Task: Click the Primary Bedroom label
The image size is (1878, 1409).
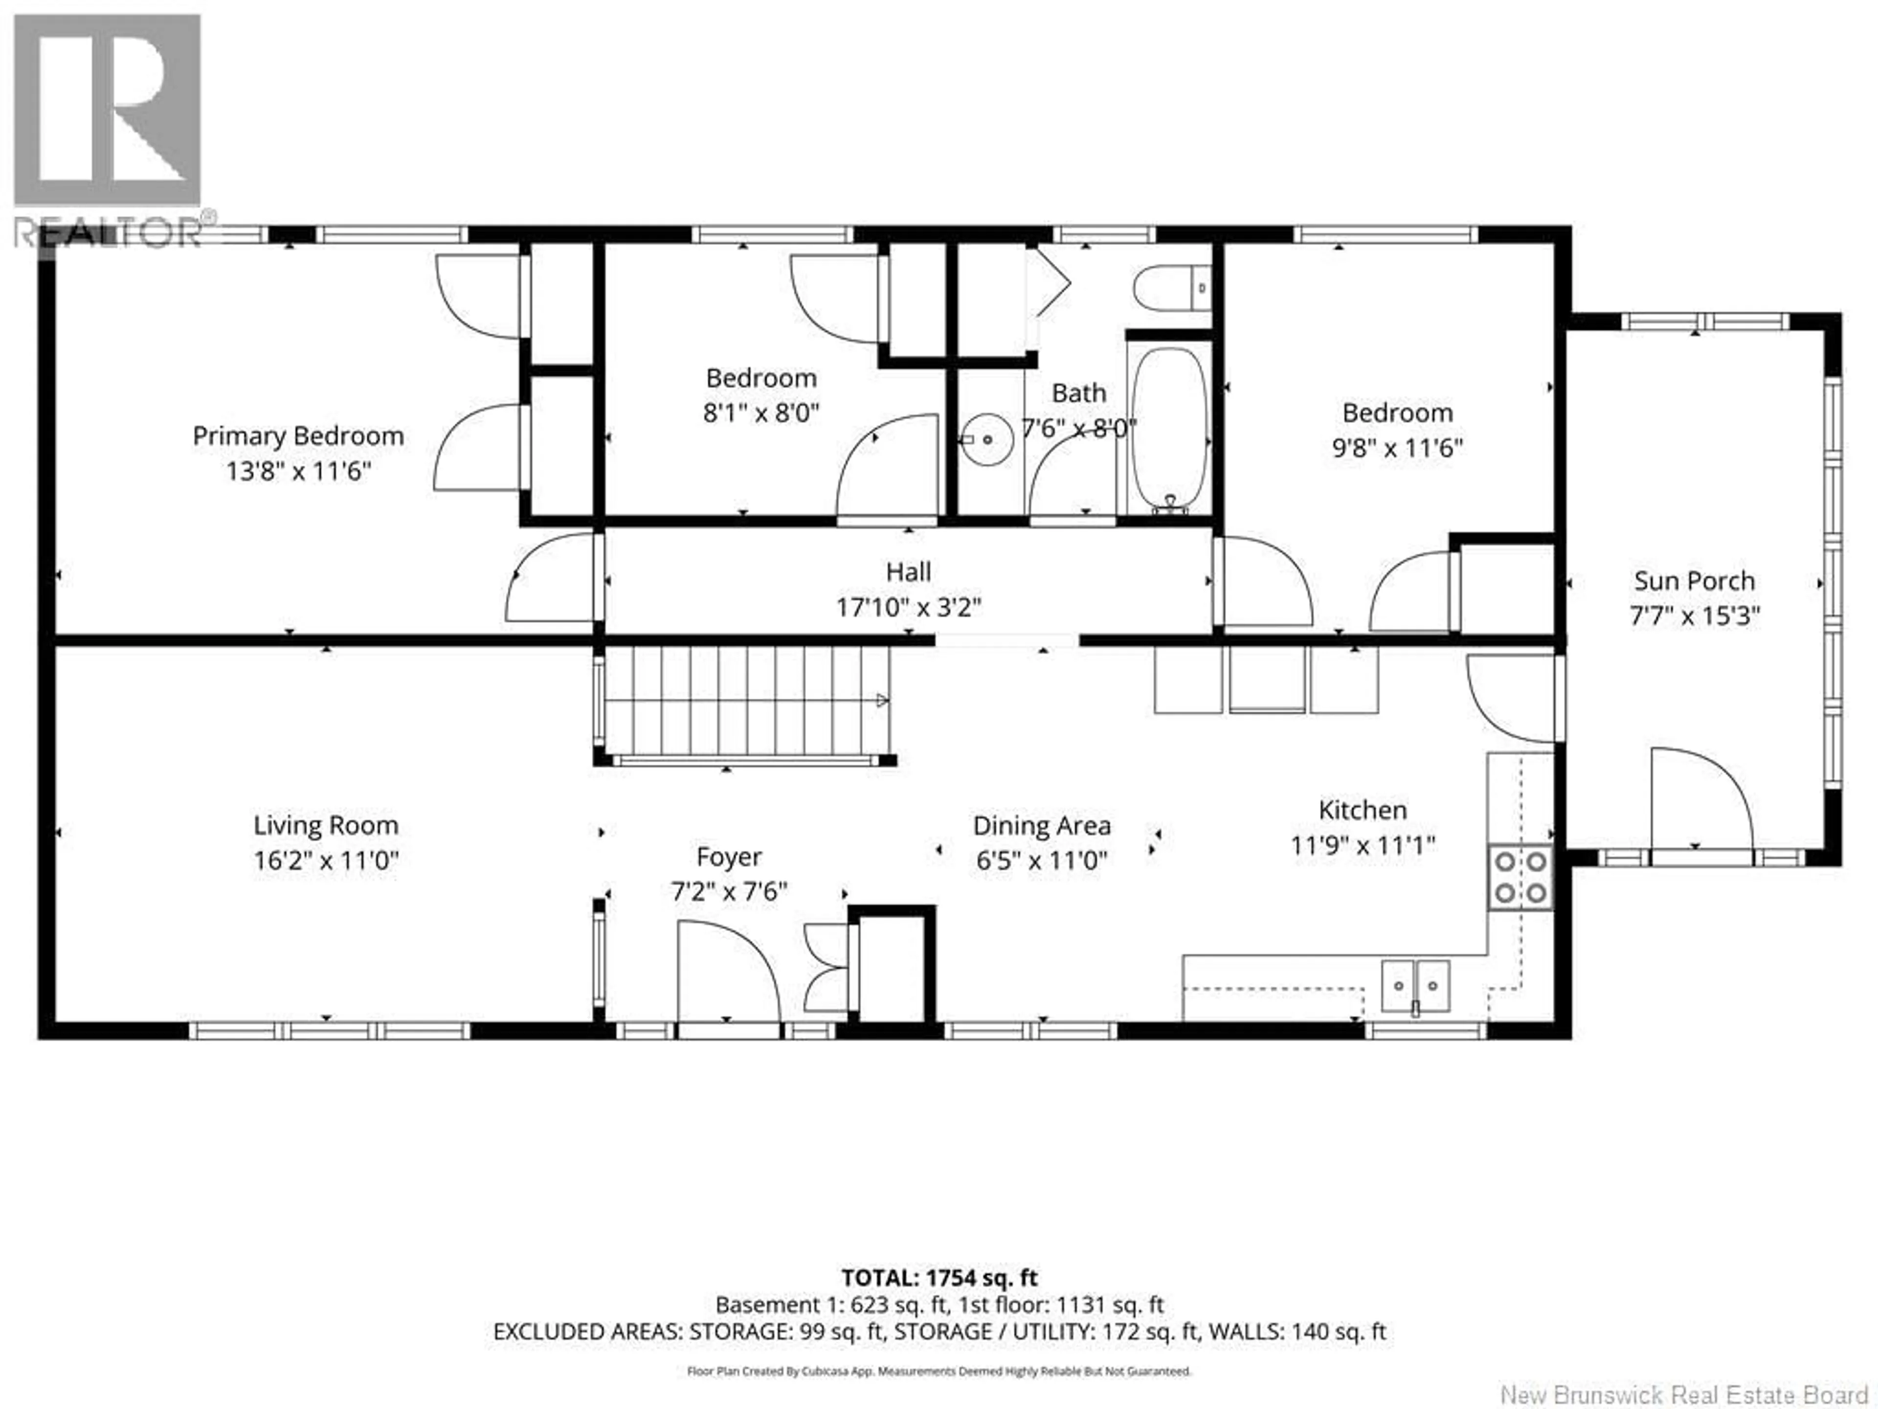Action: pos(298,436)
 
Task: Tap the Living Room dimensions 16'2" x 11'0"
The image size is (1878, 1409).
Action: pos(326,861)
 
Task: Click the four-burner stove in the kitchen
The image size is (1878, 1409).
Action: pos(1520,877)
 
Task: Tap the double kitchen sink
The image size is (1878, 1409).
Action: pos(1415,986)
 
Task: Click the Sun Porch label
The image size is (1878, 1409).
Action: pos(1694,581)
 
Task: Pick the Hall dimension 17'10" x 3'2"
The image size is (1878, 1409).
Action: pos(909,607)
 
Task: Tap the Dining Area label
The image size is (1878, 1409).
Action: pos(1042,825)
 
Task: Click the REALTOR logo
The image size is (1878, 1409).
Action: pos(108,127)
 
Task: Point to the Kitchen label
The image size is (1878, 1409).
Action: pos(1362,810)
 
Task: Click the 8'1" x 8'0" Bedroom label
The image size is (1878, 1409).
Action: pos(760,378)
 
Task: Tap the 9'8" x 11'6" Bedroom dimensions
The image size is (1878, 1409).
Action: pos(1397,448)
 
